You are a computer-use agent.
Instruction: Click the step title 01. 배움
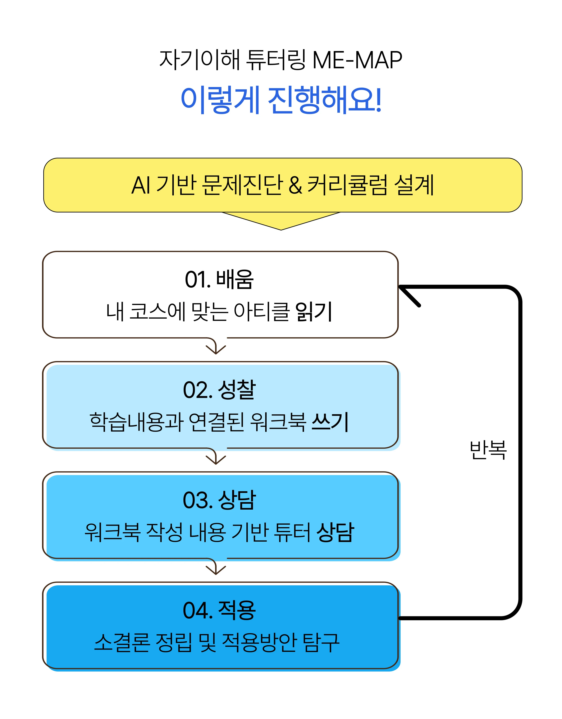(219, 279)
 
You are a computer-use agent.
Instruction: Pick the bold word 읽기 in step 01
(314, 311)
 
